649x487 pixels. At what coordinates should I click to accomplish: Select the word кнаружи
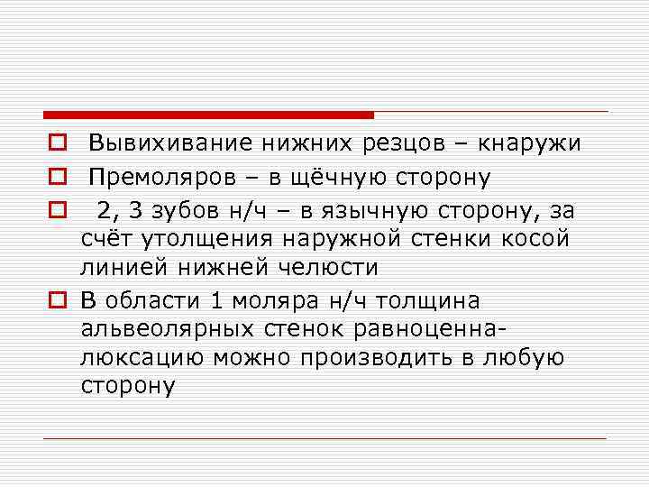click(531, 144)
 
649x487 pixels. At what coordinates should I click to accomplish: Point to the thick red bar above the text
click(207, 115)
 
